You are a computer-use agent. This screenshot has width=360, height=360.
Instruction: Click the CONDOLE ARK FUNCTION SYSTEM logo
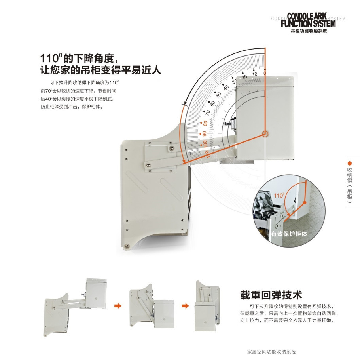pyautogui.click(x=308, y=20)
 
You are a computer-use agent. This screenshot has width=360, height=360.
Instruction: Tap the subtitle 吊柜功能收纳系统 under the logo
pyautogui.click(x=309, y=31)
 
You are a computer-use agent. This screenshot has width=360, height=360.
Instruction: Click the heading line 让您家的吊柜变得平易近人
pyautogui.click(x=101, y=70)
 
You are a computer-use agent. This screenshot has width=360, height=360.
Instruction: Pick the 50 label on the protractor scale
pyautogui.click(x=218, y=95)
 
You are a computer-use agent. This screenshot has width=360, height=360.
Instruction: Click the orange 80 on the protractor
pyautogui.click(x=205, y=123)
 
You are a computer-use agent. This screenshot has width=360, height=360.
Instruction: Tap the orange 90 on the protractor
pyautogui.click(x=204, y=134)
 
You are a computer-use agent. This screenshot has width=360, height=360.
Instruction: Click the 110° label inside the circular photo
pyautogui.click(x=279, y=195)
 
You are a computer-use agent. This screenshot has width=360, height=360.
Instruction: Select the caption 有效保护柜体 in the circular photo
pyautogui.click(x=289, y=234)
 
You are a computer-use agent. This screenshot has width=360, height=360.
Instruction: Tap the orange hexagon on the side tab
pyautogui.click(x=349, y=163)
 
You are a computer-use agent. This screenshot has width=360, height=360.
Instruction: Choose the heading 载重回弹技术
pyautogui.click(x=271, y=295)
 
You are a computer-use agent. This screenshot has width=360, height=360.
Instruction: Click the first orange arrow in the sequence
pyautogui.click(x=117, y=306)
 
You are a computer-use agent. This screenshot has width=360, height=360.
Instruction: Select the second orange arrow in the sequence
pyautogui.click(x=185, y=306)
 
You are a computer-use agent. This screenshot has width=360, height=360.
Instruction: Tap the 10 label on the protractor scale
pyautogui.click(x=254, y=74)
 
